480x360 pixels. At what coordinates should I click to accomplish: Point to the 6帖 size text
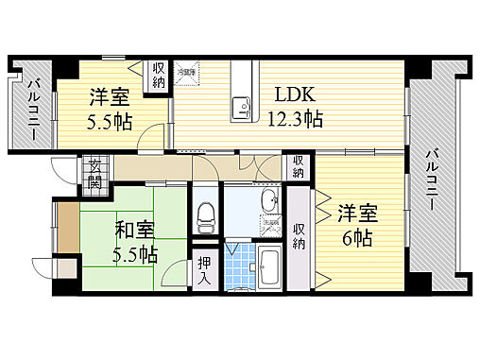(x=357, y=237)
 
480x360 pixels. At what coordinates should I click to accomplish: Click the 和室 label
(x=134, y=230)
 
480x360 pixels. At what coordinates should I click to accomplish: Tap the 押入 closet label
(x=204, y=268)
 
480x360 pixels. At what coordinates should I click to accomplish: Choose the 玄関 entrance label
(x=94, y=175)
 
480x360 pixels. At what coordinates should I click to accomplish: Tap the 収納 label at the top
(x=157, y=75)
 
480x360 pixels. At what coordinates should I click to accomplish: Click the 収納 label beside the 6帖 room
(x=299, y=236)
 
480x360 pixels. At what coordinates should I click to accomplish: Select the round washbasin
(x=268, y=200)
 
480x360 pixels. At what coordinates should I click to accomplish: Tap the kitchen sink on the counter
(x=242, y=105)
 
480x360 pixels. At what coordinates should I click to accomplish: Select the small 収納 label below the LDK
(x=299, y=168)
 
